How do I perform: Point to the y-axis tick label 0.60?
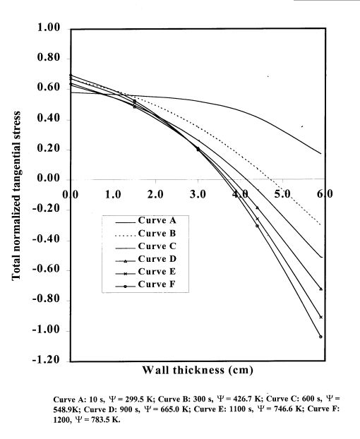[x=47, y=89]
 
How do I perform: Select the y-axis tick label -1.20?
[x=45, y=361]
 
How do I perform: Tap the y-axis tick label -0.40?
[x=45, y=240]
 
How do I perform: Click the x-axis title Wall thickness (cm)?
[x=197, y=369]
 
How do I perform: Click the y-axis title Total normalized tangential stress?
[x=16, y=195]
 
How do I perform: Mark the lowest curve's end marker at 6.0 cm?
[x=321, y=337]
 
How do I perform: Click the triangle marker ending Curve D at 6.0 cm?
[x=321, y=289]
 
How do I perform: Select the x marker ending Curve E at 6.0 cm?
[x=321, y=317]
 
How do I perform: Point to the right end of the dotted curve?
[x=321, y=225]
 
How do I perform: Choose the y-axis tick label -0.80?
[x=45, y=301]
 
